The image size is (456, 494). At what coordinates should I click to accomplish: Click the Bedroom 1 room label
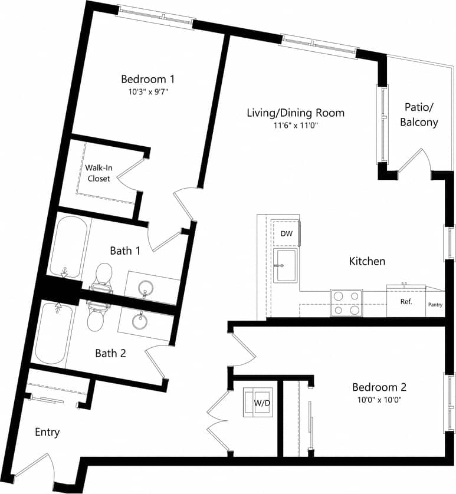pos(147,79)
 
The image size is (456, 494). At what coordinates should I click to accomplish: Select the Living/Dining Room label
pos(295,113)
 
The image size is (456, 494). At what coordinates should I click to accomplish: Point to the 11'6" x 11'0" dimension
pos(295,126)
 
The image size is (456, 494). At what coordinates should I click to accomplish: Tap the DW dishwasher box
pos(286,233)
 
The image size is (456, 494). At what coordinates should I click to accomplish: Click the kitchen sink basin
pos(286,266)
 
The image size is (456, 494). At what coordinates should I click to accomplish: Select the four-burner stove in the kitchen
pos(346,302)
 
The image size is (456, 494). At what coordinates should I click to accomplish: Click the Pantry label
pos(435,305)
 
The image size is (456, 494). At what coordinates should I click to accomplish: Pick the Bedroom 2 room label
pos(379,387)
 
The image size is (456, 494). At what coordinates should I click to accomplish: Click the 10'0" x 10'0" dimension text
pos(379,400)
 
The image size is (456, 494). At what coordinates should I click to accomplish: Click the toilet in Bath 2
pos(96,317)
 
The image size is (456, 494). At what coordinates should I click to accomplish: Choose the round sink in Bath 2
pos(139,322)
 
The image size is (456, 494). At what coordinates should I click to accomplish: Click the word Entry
pos(47,432)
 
